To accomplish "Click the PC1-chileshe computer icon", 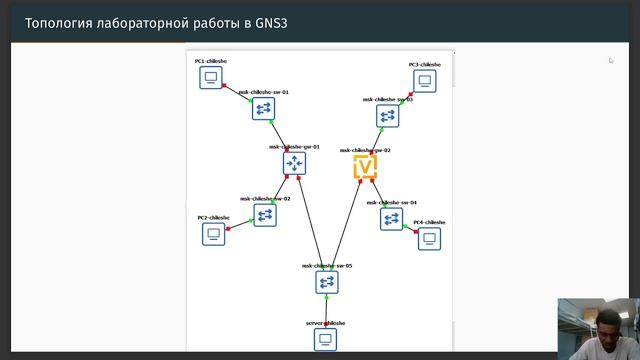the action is [x=210, y=78].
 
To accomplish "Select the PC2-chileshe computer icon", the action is [x=213, y=234].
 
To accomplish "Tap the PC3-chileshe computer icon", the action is [x=424, y=81].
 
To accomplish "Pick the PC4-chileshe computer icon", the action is [x=429, y=238].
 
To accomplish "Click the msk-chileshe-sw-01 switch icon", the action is [x=264, y=108].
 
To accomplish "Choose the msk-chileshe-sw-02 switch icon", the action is [x=265, y=214].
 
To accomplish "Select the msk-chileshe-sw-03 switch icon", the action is [x=388, y=116].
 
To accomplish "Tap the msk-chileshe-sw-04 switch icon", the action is [x=391, y=218].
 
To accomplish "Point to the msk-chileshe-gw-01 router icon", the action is [x=294, y=163].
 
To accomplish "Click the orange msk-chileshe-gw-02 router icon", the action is [x=365, y=166].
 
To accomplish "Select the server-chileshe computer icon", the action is [x=325, y=340].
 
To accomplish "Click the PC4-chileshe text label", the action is [x=429, y=222].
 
